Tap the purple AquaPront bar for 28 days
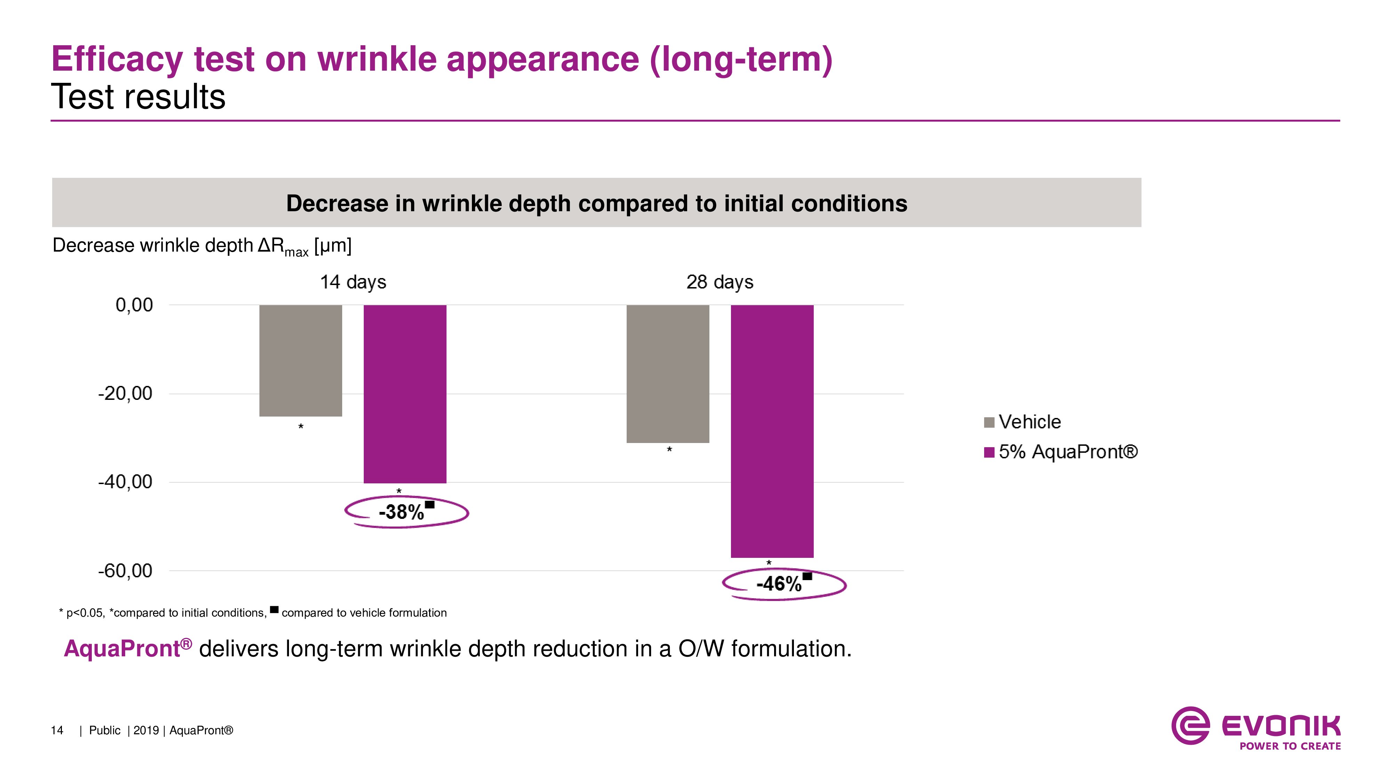pyautogui.click(x=772, y=431)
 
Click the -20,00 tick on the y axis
pyautogui.click(x=125, y=393)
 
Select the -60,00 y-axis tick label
pyautogui.click(x=125, y=571)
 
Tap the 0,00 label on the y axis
pyautogui.click(x=134, y=305)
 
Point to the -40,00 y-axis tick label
pyautogui.click(x=125, y=482)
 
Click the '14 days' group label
pyautogui.click(x=353, y=282)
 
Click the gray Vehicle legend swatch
pyautogui.click(x=989, y=422)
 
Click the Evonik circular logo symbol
pyautogui.click(x=1190, y=726)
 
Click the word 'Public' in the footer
pyautogui.click(x=105, y=730)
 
